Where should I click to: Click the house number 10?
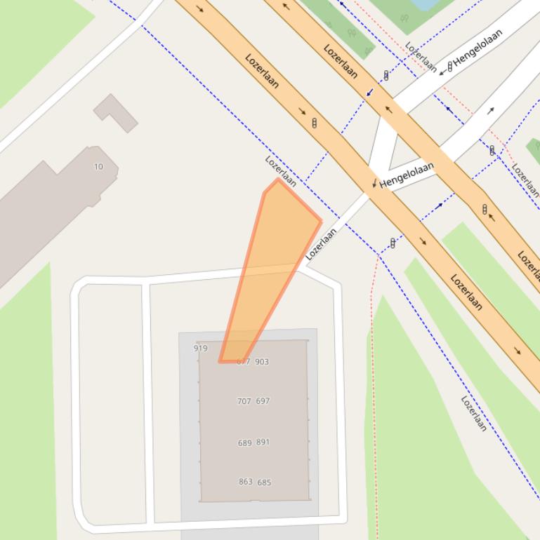pyautogui.click(x=98, y=166)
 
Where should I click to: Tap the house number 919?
pyautogui.click(x=200, y=348)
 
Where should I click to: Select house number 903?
pyautogui.click(x=262, y=362)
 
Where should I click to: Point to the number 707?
pyautogui.click(x=244, y=401)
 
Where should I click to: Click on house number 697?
pyautogui.click(x=263, y=401)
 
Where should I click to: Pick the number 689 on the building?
pyautogui.click(x=244, y=443)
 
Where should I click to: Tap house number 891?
pyautogui.click(x=263, y=443)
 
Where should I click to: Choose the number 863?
pyautogui.click(x=245, y=482)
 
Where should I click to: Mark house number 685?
pyautogui.click(x=264, y=482)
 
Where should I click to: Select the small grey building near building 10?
pyautogui.click(x=116, y=112)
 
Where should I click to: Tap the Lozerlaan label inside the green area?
pyautogui.click(x=474, y=413)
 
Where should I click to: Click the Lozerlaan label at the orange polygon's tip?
pyautogui.click(x=280, y=170)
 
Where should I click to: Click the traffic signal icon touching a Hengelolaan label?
pyautogui.click(x=450, y=67)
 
